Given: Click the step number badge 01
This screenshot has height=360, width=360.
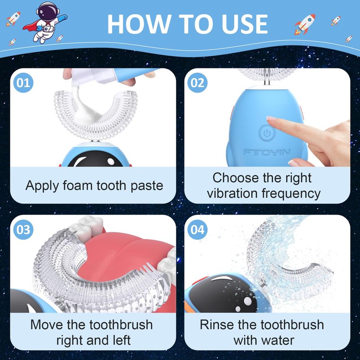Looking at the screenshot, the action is point(23,83).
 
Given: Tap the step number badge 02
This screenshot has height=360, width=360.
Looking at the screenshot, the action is point(197,83).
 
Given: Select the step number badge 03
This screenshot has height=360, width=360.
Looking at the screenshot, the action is point(23,229).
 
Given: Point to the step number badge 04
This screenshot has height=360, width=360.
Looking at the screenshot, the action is point(197,229).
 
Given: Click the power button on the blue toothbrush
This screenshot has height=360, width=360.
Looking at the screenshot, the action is point(266,133).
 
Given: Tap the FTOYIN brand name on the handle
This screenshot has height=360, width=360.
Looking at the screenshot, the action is point(267,152).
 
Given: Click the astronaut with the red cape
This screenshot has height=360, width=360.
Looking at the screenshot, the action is point(45,22).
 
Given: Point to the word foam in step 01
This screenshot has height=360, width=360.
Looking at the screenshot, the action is point(77,185).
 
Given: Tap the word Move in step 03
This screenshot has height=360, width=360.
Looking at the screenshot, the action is point(47,324).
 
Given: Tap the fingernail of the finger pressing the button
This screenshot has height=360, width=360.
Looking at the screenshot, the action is point(271,118).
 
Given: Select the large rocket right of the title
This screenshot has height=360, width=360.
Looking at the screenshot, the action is point(305,24).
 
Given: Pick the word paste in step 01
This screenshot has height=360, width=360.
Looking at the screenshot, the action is point(147,185).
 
